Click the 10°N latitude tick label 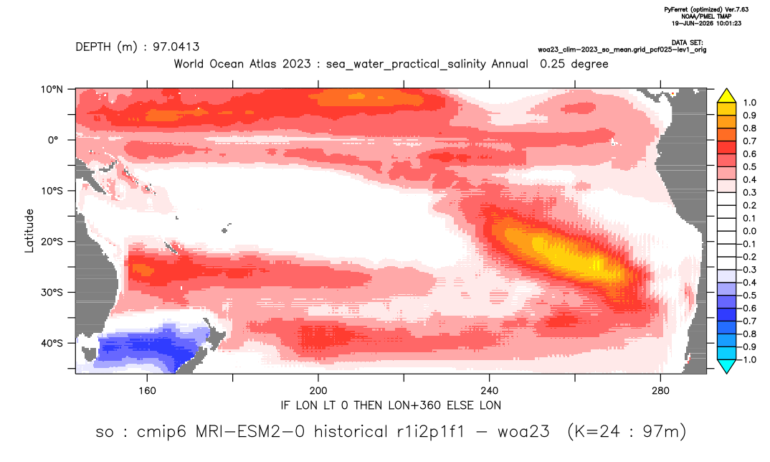tap(52, 90)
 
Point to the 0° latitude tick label tap(54, 140)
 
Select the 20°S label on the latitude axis tap(52, 242)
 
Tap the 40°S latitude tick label tap(52, 343)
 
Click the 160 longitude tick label tap(147, 391)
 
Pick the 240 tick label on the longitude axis tap(489, 391)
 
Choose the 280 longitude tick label tap(660, 391)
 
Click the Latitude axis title tap(29, 231)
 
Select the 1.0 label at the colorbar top tap(749, 103)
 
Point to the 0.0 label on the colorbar tap(749, 231)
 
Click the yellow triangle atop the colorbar tap(726, 95)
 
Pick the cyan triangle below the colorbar tap(726, 366)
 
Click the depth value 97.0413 tap(176, 47)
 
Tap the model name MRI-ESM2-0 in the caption tap(250, 432)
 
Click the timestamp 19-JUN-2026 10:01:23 tap(706, 23)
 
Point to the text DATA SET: tap(687, 43)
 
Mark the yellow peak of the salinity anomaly tap(570, 253)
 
